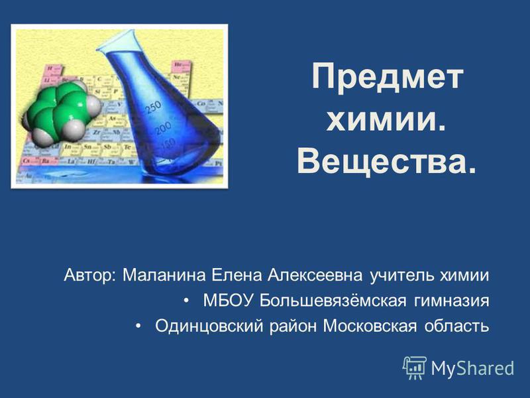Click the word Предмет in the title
pyautogui.click(x=388, y=78)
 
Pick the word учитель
pyautogui.click(x=402, y=275)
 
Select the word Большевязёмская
pyautogui.click(x=333, y=300)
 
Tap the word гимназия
pyautogui.click(x=451, y=301)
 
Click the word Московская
pyautogui.click(x=370, y=326)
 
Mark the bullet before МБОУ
pyautogui.click(x=187, y=301)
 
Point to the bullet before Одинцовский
pyautogui.click(x=138, y=326)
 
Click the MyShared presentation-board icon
pyautogui.click(x=415, y=368)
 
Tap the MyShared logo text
pyautogui.click(x=472, y=368)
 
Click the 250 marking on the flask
pyautogui.click(x=154, y=107)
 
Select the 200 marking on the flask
pyautogui.click(x=164, y=129)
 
